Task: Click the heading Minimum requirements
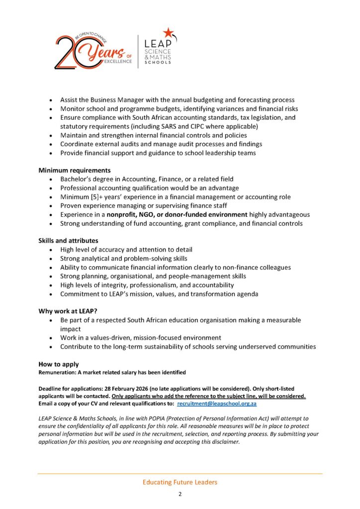pyautogui.click(x=75, y=170)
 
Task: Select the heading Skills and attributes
pyautogui.click(x=68, y=241)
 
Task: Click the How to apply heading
pyautogui.click(x=59, y=364)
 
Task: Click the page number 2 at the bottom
pyautogui.click(x=180, y=495)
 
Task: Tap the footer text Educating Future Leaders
pyautogui.click(x=180, y=482)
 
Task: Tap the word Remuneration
pyautogui.click(x=56, y=372)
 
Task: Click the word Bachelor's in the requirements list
pyautogui.click(x=77, y=179)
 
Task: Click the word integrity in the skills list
pyautogui.click(x=120, y=285)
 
